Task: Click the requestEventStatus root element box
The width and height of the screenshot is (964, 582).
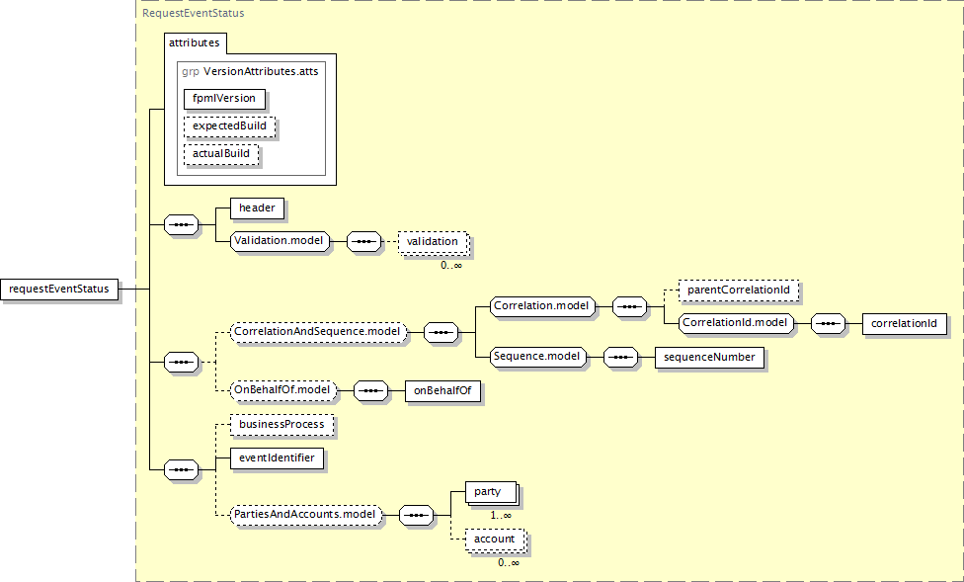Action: point(59,290)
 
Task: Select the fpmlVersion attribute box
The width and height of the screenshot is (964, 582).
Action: point(224,99)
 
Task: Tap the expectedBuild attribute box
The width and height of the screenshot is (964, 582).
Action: point(229,126)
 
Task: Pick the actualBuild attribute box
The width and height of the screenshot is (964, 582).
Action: point(221,154)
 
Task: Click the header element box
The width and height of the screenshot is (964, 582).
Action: point(257,208)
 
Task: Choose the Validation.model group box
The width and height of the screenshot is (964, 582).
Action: point(280,241)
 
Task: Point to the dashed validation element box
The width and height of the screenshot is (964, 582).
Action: point(433,242)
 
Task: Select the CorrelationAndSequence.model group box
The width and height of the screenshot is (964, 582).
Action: point(318,332)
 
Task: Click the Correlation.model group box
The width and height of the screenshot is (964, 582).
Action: point(542,305)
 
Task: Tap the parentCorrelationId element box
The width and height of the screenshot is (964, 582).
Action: point(739,290)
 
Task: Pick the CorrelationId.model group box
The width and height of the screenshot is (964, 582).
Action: point(735,323)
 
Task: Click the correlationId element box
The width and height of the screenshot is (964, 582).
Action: point(905,323)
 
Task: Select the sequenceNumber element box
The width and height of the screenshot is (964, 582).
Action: point(709,358)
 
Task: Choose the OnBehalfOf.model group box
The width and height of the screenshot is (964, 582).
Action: point(282,390)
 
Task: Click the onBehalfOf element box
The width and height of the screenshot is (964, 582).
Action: point(442,390)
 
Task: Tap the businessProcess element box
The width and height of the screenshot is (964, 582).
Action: point(282,425)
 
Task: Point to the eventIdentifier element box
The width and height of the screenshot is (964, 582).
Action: point(277,458)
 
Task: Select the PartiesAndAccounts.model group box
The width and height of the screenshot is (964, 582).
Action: point(305,515)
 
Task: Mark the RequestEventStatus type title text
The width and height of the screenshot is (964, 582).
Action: point(193,13)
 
